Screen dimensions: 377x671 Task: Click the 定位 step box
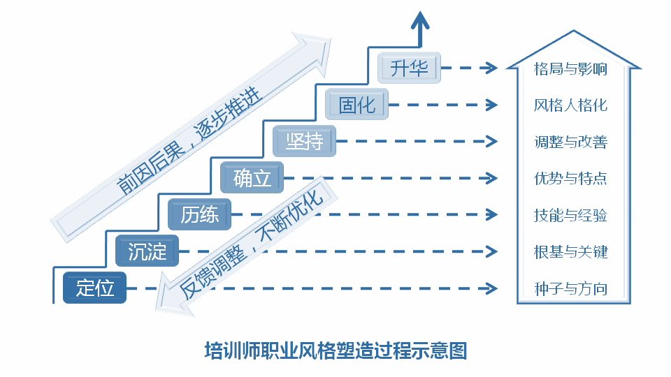click(95, 288)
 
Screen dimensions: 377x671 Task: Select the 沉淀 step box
click(147, 251)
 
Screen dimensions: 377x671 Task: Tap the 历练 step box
click(200, 214)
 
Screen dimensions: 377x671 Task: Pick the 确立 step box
click(252, 178)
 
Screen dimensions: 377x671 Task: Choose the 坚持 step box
click(305, 142)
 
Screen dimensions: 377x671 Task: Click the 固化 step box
click(357, 105)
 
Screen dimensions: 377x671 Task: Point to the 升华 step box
click(410, 68)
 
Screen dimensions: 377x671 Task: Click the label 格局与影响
click(570, 69)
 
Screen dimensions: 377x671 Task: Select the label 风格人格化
click(570, 105)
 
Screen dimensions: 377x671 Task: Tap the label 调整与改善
click(570, 142)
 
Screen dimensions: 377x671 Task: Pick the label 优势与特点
click(570, 179)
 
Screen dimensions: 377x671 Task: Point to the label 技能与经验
click(570, 215)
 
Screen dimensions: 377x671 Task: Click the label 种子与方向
click(570, 288)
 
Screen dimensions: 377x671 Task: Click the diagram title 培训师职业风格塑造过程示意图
click(335, 349)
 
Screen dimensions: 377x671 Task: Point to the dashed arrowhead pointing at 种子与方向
click(491, 288)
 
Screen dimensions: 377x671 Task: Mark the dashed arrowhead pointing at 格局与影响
click(491, 68)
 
